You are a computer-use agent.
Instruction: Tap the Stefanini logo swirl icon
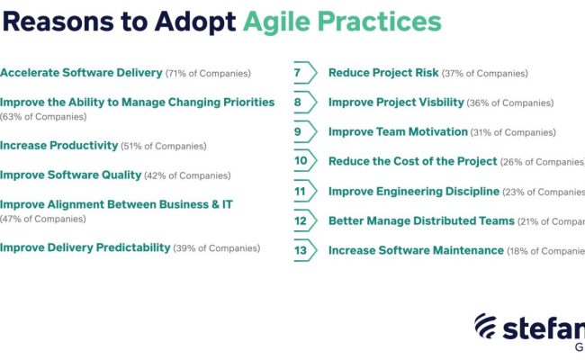pyautogui.click(x=485, y=328)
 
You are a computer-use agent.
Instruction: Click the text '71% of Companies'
pyautogui.click(x=210, y=73)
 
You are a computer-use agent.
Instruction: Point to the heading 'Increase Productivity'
pyautogui.click(x=59, y=146)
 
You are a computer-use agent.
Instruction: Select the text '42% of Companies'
pyautogui.click(x=188, y=175)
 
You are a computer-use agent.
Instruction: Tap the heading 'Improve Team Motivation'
pyautogui.click(x=398, y=132)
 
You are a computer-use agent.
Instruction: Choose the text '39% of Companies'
pyautogui.click(x=217, y=248)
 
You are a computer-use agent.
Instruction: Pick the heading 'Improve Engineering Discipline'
pyautogui.click(x=413, y=192)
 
